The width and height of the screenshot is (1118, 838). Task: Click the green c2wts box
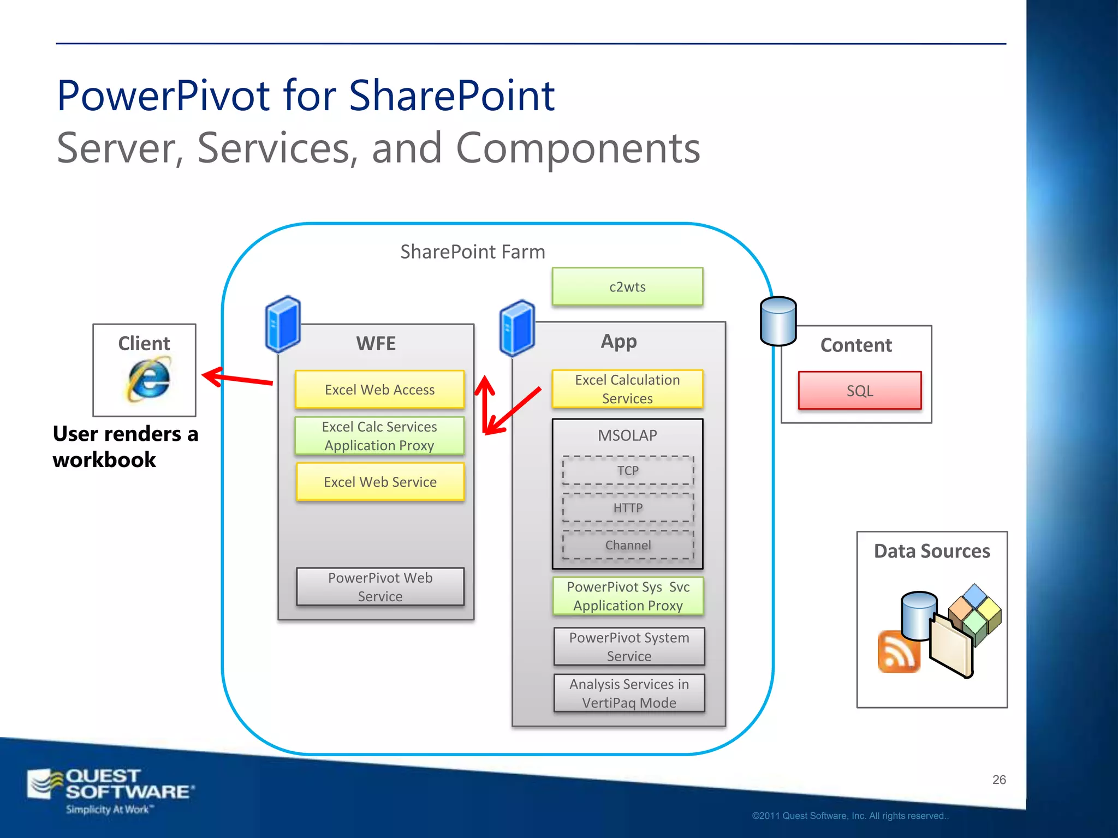pos(627,287)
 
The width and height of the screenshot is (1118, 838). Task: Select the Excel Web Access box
pos(379,390)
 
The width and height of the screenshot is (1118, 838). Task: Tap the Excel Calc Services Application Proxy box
pos(379,436)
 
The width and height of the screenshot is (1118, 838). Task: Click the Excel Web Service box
pos(380,482)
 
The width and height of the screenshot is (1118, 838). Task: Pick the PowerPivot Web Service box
pos(380,587)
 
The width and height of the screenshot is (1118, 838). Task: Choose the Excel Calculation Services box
pos(627,389)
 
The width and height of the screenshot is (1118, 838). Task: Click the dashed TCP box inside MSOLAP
pos(628,470)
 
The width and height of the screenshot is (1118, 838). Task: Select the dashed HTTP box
pos(628,508)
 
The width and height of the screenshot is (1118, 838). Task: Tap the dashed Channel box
pos(628,545)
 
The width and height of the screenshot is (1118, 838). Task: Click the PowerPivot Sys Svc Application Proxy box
pos(628,596)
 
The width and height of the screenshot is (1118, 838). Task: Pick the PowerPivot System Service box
pos(629,647)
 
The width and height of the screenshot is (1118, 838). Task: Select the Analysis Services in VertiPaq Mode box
pos(629,693)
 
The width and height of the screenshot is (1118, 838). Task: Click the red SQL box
pos(859,391)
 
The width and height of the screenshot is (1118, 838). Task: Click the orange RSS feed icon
pos(899,651)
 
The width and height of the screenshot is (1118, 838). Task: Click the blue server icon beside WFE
pos(283,324)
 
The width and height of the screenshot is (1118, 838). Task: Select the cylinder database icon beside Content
pos(778,321)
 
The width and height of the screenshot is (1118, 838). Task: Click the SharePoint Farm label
pos(472,252)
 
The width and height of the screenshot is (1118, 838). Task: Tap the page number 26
pos(998,780)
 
